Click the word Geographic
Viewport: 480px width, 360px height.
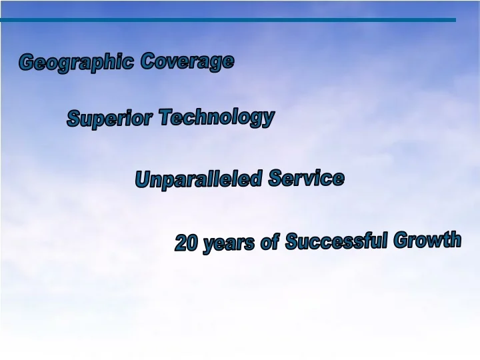pyautogui.click(x=77, y=63)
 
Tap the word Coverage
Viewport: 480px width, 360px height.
pyautogui.click(x=187, y=61)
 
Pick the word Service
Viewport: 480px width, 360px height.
pyautogui.click(x=307, y=178)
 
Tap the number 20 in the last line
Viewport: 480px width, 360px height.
pyautogui.click(x=187, y=244)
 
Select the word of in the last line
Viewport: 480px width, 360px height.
pyautogui.click(x=269, y=243)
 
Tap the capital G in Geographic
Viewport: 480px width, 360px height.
pyautogui.click(x=27, y=63)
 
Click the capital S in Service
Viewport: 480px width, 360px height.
pyautogui.click(x=275, y=178)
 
